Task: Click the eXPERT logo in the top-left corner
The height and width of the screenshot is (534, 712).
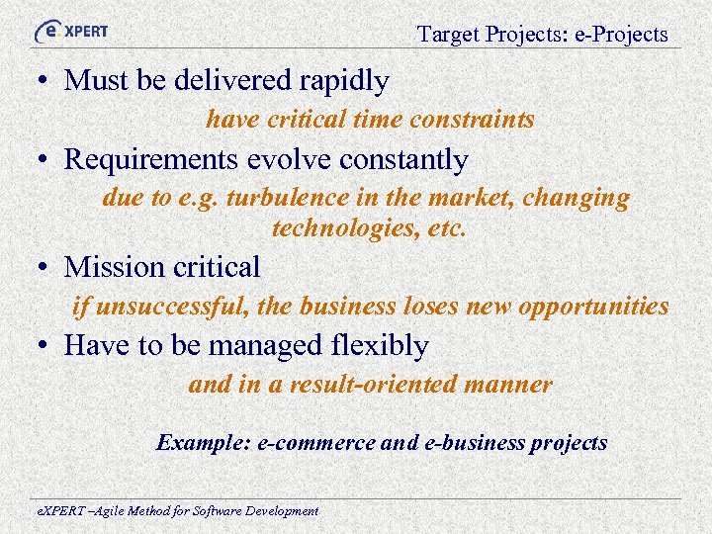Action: [x=70, y=31]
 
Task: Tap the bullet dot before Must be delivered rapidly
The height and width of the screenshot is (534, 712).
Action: [x=47, y=81]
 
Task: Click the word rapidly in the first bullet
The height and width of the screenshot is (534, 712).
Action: [x=342, y=80]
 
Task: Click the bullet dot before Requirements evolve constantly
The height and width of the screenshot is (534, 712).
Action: [x=47, y=160]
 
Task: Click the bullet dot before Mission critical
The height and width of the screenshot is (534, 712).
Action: [x=47, y=268]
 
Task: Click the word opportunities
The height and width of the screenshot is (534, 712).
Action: [x=595, y=307]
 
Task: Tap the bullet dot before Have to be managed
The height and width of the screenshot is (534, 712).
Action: [x=47, y=347]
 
